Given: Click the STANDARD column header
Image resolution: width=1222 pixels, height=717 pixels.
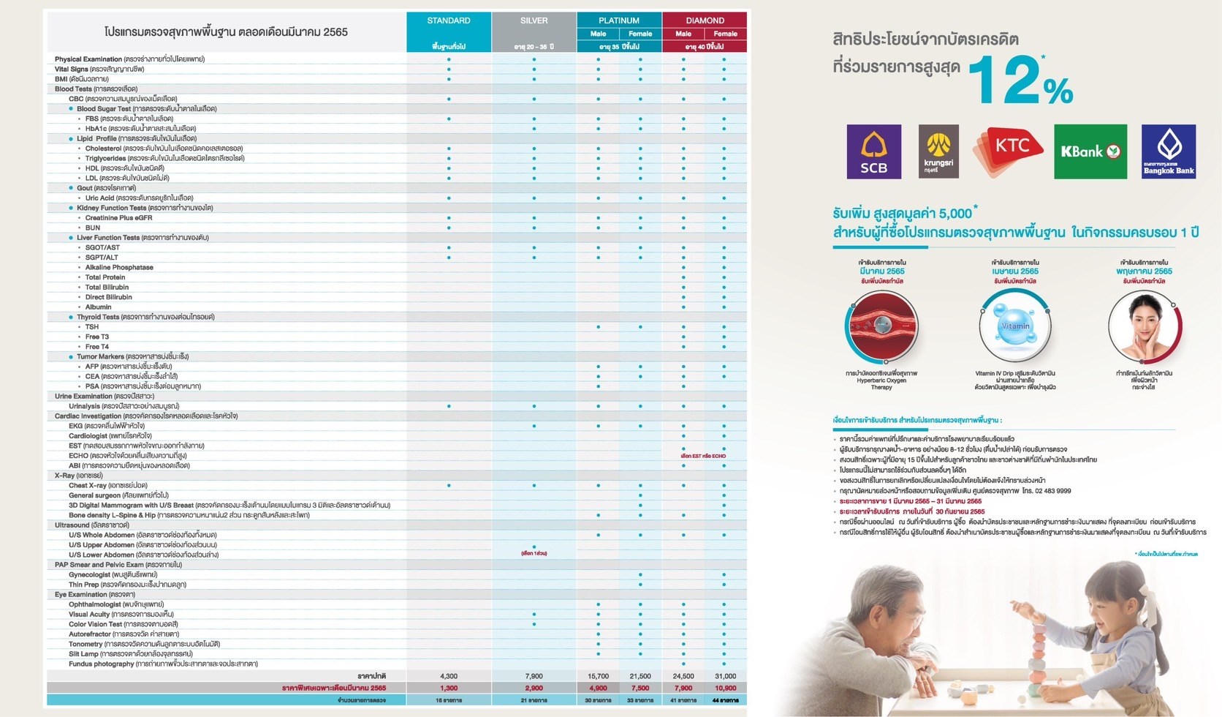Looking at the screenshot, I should pos(449,20).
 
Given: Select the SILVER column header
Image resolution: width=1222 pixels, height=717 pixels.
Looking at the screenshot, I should pos(534,20).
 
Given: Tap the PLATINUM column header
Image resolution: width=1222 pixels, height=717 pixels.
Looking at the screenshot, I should pos(619,20).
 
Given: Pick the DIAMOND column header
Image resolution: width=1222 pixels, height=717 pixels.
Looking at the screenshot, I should pos(705,20).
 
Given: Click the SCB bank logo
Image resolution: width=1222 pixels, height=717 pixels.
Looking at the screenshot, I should pos(873,151).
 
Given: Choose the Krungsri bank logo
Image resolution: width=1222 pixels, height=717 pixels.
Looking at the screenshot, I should pos(938,151).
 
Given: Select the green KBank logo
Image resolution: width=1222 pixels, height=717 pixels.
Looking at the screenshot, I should pos(1090,151).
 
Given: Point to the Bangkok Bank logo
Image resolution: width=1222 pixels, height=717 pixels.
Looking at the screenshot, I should pos(1168,151).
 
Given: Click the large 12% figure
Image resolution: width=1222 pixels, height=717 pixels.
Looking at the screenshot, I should pos(1020,81).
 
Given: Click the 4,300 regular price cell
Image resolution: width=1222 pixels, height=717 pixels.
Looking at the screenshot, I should pos(449,676).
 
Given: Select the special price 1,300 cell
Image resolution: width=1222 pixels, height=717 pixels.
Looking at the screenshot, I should pos(449,688).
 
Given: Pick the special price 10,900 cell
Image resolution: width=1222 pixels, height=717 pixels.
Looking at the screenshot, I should pos(725,688).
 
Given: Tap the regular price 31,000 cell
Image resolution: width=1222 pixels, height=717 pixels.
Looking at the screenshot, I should pos(725,676).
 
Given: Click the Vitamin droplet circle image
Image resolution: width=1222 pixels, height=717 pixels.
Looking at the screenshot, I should pos(1014,326).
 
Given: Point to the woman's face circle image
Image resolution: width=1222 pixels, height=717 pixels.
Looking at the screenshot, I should pos(1144,326).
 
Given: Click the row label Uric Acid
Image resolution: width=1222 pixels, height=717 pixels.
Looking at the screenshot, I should pos(102,198).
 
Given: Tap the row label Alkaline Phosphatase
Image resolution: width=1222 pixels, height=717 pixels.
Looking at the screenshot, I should pos(119,267).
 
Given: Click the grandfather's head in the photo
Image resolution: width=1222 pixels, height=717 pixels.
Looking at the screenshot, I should pos(878,600).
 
